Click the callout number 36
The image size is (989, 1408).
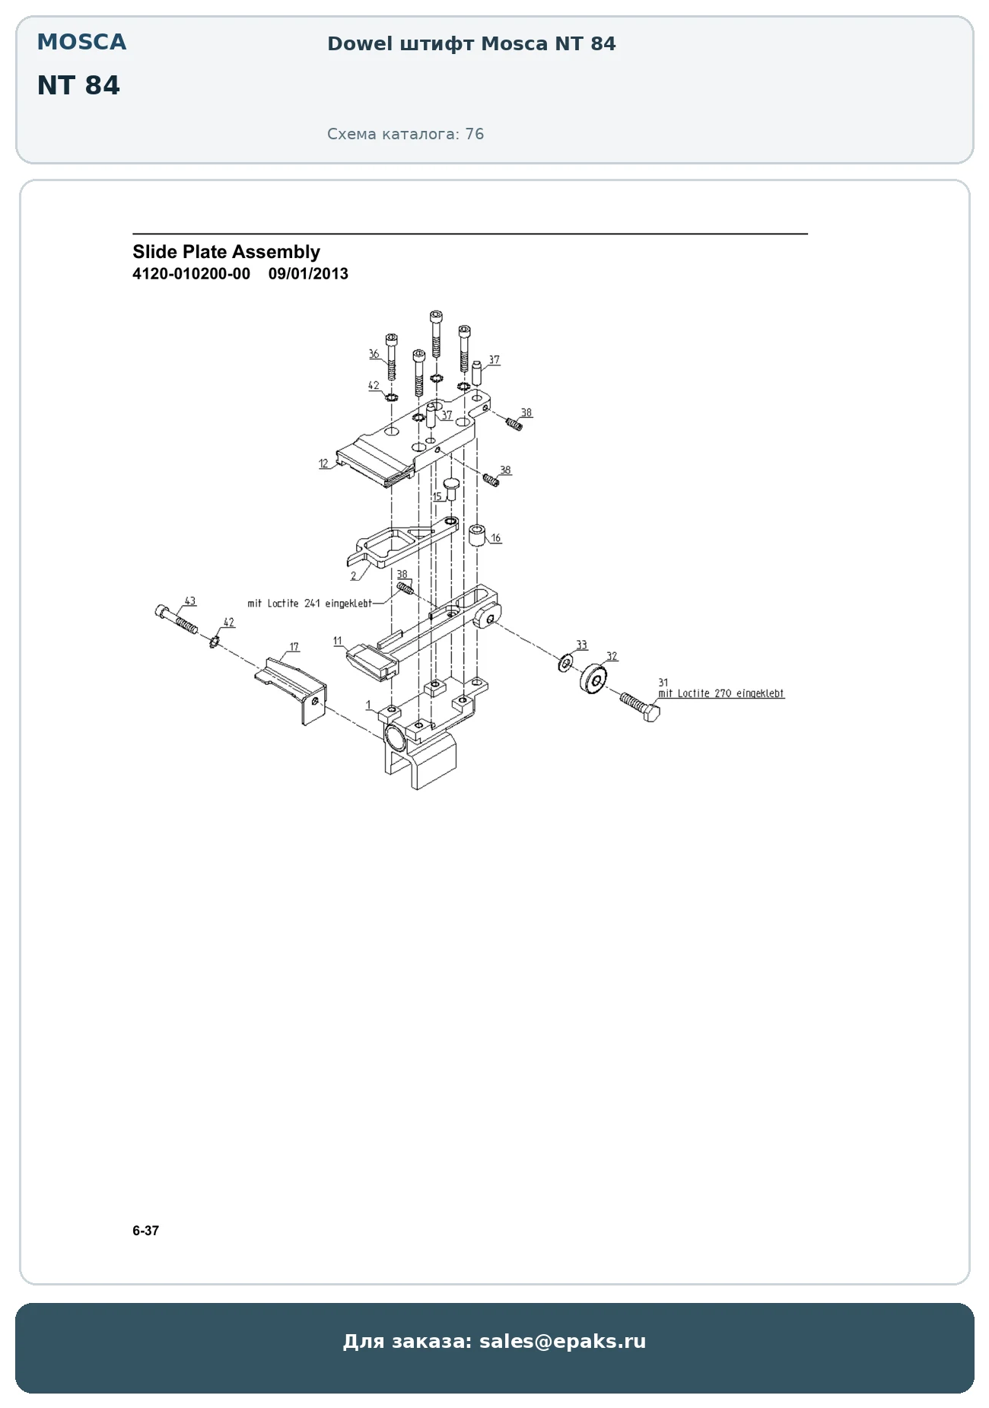[374, 354]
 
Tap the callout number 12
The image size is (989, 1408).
[323, 463]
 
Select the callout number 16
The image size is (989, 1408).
[496, 538]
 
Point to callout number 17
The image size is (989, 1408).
[294, 647]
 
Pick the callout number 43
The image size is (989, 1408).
[190, 600]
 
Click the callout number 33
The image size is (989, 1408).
[582, 645]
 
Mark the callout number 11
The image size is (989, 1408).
[338, 641]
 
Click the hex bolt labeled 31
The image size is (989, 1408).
[640, 706]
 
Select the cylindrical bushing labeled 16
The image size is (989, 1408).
[477, 536]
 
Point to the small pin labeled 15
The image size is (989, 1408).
[450, 489]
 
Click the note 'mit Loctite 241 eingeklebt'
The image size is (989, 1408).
[310, 604]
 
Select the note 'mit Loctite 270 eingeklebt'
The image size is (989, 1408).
[721, 693]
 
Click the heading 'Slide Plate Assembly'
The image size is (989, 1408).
[226, 252]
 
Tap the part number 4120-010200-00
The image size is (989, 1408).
[191, 274]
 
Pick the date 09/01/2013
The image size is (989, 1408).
[308, 274]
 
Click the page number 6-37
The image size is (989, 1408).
[145, 1231]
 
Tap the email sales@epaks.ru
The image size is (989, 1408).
[562, 1341]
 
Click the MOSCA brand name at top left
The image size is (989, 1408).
[81, 42]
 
